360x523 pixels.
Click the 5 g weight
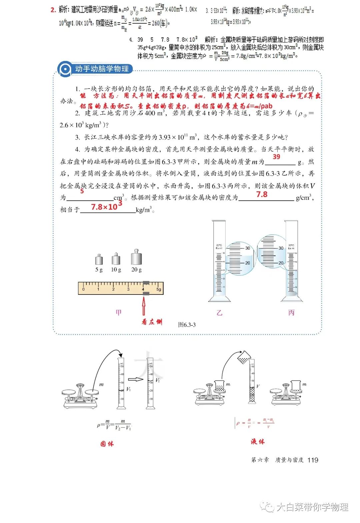(99, 260)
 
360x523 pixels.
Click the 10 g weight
(116, 259)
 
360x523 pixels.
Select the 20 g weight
(136, 257)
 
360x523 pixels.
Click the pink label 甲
(118, 312)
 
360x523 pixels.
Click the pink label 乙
(219, 313)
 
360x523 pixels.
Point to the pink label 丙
(291, 313)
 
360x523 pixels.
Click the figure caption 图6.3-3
(187, 325)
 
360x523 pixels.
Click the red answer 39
(276, 157)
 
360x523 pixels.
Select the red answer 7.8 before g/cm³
(262, 194)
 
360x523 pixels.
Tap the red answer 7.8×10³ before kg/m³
(106, 206)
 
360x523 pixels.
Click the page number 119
(313, 460)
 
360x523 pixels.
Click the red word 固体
(107, 444)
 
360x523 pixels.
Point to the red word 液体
(258, 442)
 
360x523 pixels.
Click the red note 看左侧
(152, 322)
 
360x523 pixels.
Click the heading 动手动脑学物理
(102, 69)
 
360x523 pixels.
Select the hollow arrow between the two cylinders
(135, 379)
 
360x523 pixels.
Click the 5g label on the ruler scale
(159, 289)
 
